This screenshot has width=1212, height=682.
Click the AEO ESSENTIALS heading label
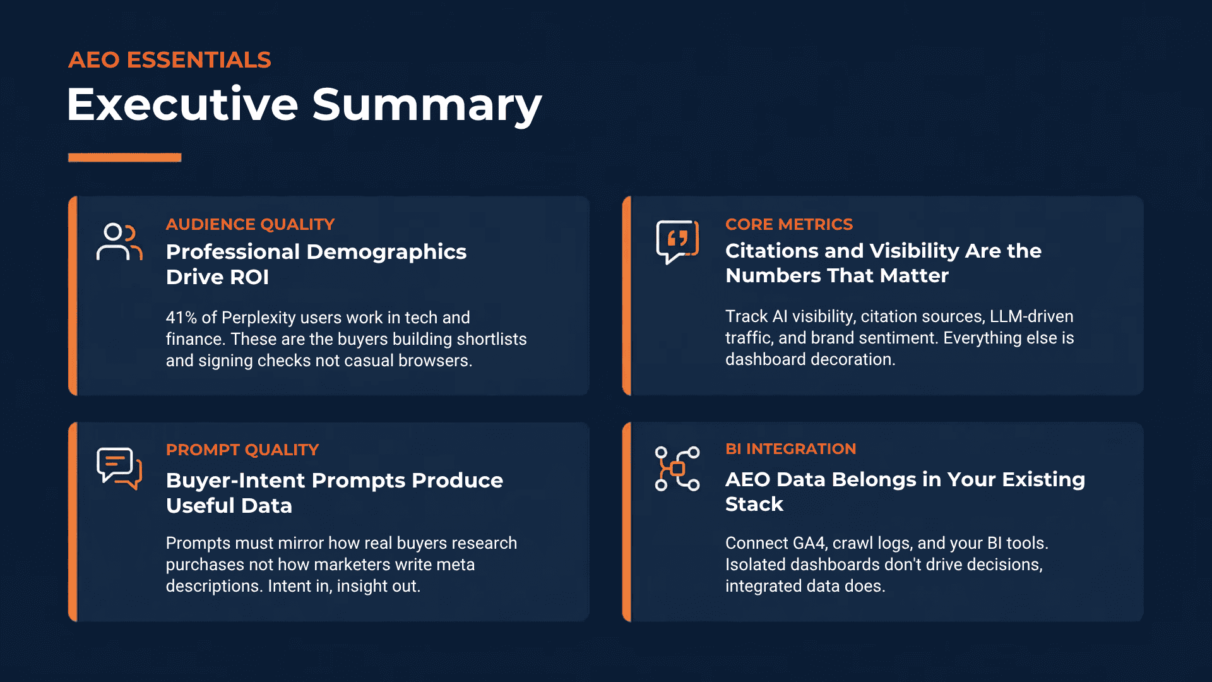click(x=169, y=60)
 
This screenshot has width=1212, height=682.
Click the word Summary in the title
click(x=427, y=105)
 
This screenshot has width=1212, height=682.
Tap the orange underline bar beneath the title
click(x=124, y=157)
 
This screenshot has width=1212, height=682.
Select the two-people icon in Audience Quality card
click(x=119, y=241)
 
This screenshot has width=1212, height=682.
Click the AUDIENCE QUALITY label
click(x=250, y=224)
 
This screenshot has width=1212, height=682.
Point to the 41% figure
click(x=181, y=318)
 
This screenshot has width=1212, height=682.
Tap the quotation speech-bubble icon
click(x=677, y=241)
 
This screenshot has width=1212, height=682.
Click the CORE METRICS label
click(x=788, y=224)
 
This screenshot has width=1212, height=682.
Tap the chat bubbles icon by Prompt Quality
click(x=119, y=468)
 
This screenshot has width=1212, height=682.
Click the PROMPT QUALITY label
click(x=242, y=450)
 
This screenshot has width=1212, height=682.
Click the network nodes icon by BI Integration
click(x=677, y=469)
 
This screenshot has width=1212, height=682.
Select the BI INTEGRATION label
click(x=790, y=449)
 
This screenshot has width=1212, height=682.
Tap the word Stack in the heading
click(x=754, y=505)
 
